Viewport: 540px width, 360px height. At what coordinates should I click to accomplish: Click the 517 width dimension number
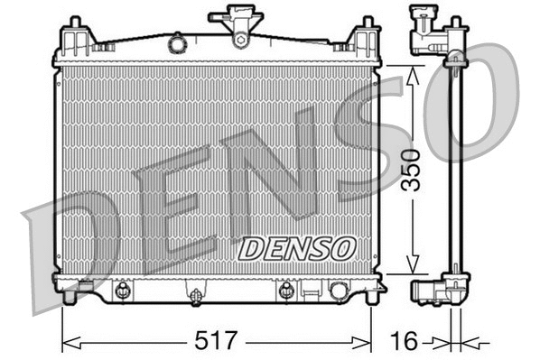coord(217,341)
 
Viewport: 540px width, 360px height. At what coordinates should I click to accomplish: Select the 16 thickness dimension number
coord(404,341)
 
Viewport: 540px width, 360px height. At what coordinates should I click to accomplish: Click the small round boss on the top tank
coord(178,42)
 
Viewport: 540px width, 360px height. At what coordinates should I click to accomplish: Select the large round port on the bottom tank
coord(340,291)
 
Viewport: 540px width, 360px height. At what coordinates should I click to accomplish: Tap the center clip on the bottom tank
coord(194,292)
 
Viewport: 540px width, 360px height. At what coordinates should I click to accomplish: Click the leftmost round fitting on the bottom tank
coord(121,290)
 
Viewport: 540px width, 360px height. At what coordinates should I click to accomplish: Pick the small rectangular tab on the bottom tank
coord(310,291)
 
